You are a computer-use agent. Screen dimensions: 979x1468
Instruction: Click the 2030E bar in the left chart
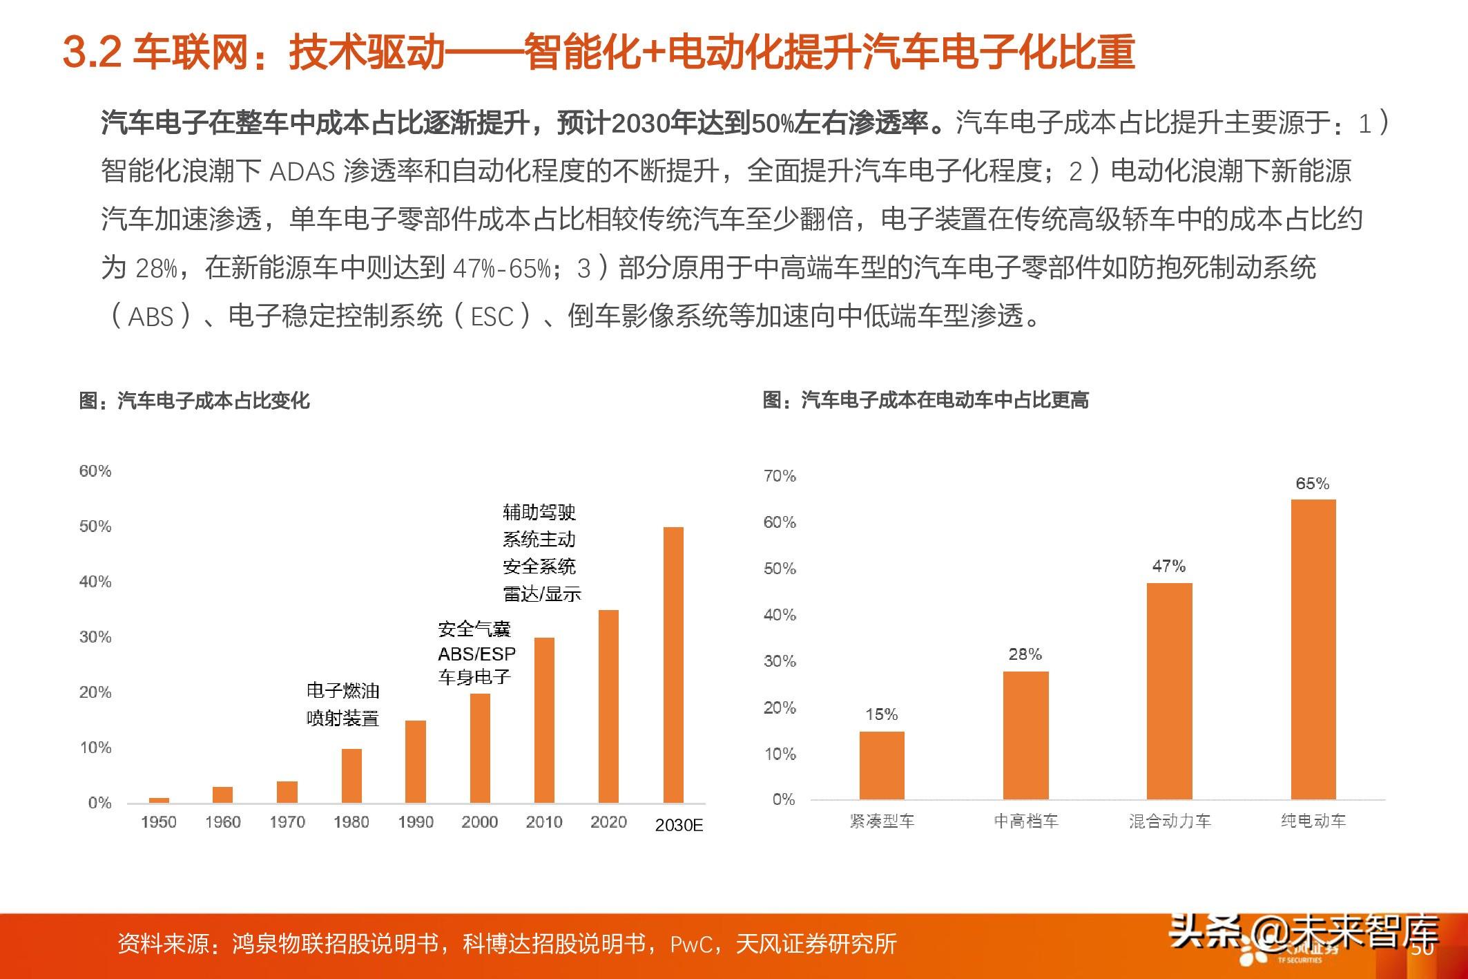click(x=673, y=665)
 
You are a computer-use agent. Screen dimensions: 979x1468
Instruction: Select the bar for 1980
click(x=351, y=775)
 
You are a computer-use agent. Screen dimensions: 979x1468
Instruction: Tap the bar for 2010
click(x=544, y=720)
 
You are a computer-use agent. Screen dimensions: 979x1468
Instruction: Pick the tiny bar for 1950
click(x=159, y=800)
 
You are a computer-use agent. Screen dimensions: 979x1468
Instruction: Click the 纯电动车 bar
click(x=1313, y=649)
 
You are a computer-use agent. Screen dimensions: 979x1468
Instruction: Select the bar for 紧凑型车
click(x=882, y=766)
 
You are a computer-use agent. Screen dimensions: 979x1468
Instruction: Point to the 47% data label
click(x=1169, y=567)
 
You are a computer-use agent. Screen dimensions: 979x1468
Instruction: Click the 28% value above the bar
click(x=1025, y=654)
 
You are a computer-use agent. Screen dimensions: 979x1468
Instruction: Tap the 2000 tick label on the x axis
click(x=480, y=822)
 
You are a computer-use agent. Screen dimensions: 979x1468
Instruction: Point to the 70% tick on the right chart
click(x=780, y=476)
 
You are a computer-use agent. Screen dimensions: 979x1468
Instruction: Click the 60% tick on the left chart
click(x=95, y=471)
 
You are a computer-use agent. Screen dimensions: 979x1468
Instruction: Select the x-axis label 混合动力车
click(x=1170, y=821)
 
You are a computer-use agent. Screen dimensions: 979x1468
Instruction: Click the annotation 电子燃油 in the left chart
click(x=343, y=691)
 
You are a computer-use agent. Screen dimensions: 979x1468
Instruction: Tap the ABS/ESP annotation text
click(x=476, y=654)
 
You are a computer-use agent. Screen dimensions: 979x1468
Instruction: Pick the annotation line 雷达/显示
click(x=541, y=593)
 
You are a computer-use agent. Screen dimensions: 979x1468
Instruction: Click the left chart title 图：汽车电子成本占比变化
click(x=194, y=401)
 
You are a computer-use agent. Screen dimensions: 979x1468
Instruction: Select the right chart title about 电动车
click(x=925, y=400)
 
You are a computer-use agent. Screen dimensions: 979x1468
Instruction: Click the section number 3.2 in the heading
click(x=92, y=52)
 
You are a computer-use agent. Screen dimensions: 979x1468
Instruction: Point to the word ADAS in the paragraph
click(x=302, y=171)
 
